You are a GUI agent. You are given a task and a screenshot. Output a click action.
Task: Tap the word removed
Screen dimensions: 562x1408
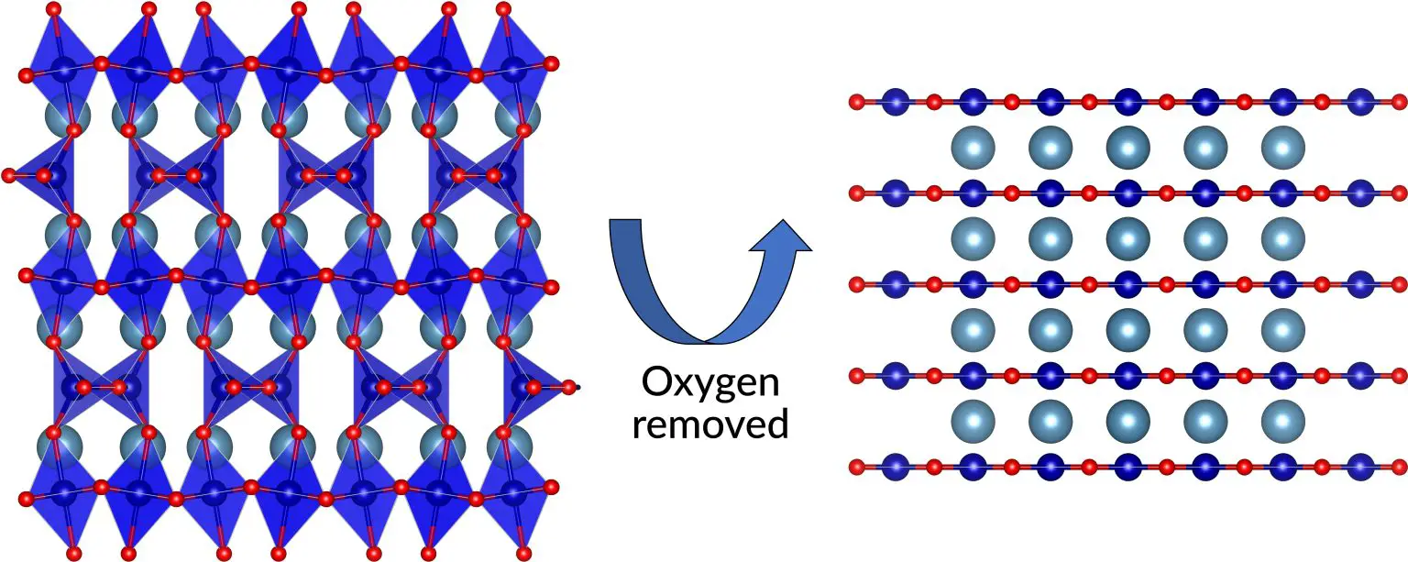point(711,424)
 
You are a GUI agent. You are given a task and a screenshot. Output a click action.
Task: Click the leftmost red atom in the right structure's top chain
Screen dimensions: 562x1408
point(857,102)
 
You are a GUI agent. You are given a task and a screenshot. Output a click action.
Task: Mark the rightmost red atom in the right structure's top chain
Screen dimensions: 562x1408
point(1399,102)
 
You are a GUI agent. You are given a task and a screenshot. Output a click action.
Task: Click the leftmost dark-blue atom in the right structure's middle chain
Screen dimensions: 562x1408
point(896,284)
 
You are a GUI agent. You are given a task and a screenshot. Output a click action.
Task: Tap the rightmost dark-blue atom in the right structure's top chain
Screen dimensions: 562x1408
point(1360,102)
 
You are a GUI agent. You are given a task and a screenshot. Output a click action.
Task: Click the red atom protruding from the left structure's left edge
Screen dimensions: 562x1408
point(9,174)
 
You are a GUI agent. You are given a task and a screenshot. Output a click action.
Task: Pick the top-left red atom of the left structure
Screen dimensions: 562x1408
point(53,9)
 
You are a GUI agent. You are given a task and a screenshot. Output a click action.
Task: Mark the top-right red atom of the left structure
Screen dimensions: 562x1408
point(502,9)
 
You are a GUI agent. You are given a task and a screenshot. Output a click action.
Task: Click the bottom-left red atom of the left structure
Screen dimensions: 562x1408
point(74,553)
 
